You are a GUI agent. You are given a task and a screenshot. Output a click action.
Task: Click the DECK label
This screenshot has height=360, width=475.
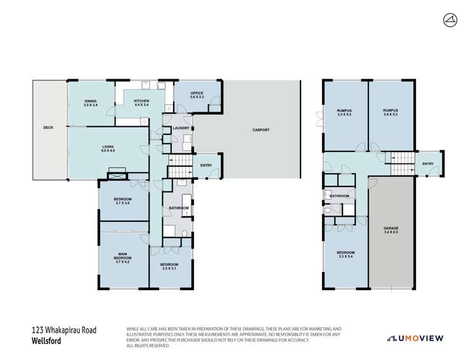pyautogui.click(x=48, y=127)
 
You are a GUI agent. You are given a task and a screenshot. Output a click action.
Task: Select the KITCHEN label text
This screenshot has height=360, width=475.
pyautogui.click(x=141, y=101)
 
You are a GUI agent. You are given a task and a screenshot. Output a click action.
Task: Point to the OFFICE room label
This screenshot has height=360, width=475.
pyautogui.click(x=197, y=94)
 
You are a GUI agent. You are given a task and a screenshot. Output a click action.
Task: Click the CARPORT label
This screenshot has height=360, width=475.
pyautogui.click(x=261, y=130)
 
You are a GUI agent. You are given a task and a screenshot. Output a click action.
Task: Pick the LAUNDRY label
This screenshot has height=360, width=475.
pyautogui.click(x=181, y=130)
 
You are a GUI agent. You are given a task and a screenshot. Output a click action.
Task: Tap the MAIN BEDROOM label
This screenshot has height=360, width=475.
pyautogui.click(x=122, y=256)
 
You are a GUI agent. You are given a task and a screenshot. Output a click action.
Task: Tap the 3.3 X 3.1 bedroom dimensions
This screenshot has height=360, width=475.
pyautogui.click(x=169, y=269)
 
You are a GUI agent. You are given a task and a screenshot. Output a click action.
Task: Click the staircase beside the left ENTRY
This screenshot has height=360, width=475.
pyautogui.click(x=179, y=171)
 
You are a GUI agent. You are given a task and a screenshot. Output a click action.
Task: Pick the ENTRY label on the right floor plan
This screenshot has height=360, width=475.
pyautogui.click(x=427, y=164)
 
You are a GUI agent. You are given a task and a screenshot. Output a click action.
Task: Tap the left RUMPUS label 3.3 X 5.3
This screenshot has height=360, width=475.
pyautogui.click(x=344, y=116)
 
